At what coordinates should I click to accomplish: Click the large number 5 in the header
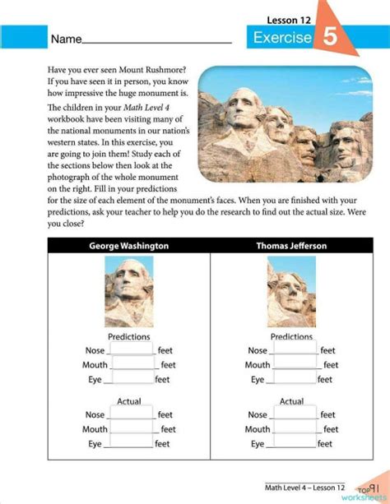click(x=329, y=37)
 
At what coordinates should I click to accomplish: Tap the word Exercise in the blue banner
click(x=282, y=38)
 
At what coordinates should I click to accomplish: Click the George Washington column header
click(x=128, y=245)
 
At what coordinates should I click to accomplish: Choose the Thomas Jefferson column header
click(x=291, y=245)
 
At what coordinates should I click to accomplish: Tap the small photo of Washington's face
click(x=128, y=292)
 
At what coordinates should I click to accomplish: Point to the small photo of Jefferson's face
click(x=291, y=292)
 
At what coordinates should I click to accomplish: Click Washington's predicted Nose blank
click(x=132, y=351)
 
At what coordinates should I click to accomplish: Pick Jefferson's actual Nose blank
click(x=295, y=415)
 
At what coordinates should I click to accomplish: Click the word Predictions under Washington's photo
click(x=128, y=337)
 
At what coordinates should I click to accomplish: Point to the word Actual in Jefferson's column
click(x=291, y=401)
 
